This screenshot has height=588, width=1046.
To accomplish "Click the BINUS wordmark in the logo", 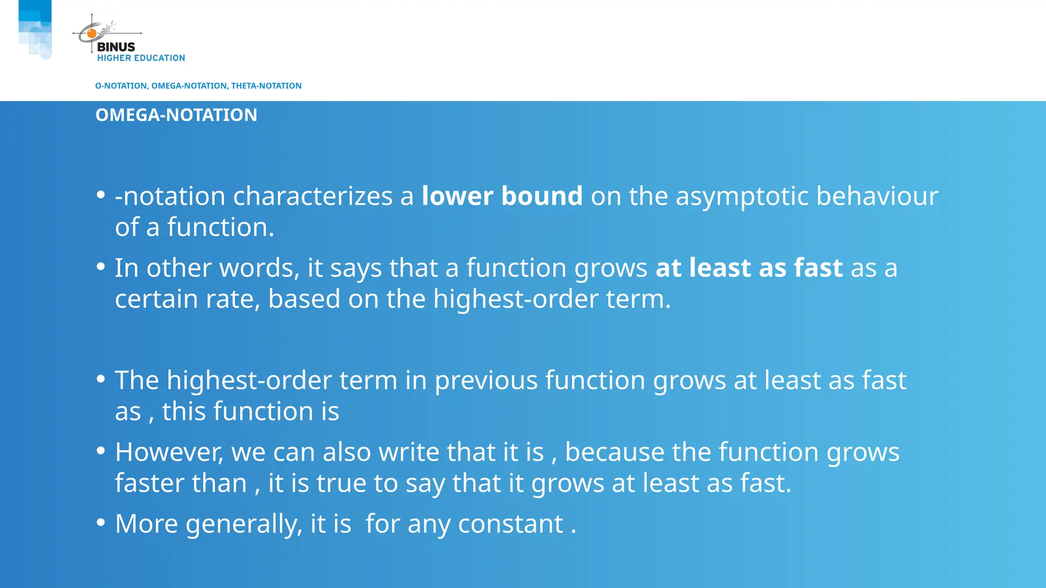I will (x=116, y=47).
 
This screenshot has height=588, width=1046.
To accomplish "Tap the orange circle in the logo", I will (x=92, y=34).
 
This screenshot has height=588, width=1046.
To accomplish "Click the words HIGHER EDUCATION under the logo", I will (x=141, y=58).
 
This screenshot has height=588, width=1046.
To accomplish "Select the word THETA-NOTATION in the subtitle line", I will (x=266, y=86).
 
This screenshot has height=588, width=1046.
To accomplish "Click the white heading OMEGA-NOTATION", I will (x=176, y=115).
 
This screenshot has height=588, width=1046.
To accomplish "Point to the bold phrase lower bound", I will (x=502, y=196).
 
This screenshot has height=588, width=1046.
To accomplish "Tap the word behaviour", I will (x=877, y=196).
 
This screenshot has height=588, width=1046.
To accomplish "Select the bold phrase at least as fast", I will (x=749, y=268).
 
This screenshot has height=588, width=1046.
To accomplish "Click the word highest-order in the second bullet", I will (x=516, y=299).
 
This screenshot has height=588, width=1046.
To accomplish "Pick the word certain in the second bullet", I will (x=156, y=299).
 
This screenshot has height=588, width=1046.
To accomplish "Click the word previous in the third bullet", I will (x=486, y=381).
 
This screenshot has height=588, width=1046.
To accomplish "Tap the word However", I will (x=169, y=452).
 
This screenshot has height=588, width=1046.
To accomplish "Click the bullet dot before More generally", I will (x=101, y=522).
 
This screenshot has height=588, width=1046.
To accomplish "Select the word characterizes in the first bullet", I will (x=313, y=196).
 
